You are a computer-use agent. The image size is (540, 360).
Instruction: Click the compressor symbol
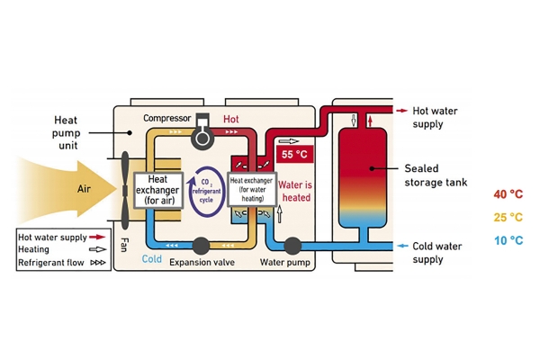tap(202, 132)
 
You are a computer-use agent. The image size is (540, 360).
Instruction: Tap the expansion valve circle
tap(201, 246)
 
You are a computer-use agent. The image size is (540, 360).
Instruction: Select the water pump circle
tap(292, 246)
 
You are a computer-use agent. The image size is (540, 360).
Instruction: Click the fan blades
tap(125, 190)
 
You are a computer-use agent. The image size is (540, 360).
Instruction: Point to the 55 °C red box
tap(295, 154)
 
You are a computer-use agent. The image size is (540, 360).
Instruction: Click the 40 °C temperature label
tap(508, 194)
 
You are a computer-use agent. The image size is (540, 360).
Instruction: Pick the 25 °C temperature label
tap(508, 218)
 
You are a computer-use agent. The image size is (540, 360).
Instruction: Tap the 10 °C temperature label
tap(508, 240)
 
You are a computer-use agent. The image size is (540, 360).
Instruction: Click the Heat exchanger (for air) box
tap(158, 190)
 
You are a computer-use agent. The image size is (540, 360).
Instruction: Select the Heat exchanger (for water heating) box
tap(252, 189)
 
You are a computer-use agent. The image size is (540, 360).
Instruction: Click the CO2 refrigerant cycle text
tap(206, 191)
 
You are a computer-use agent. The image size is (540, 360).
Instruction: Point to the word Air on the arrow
tap(84, 189)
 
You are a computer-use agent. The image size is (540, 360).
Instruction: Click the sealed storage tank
tap(363, 178)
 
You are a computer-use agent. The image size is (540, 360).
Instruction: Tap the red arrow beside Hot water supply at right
tap(402, 111)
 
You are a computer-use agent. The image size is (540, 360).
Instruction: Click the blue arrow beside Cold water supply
tap(402, 246)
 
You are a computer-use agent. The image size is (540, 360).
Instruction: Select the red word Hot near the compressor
tap(230, 119)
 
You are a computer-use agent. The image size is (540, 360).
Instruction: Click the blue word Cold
tap(152, 258)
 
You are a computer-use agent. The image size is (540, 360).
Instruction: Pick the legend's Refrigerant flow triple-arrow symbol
tap(98, 263)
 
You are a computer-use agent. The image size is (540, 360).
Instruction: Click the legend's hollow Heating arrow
tap(97, 249)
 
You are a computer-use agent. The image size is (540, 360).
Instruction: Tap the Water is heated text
tap(295, 191)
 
